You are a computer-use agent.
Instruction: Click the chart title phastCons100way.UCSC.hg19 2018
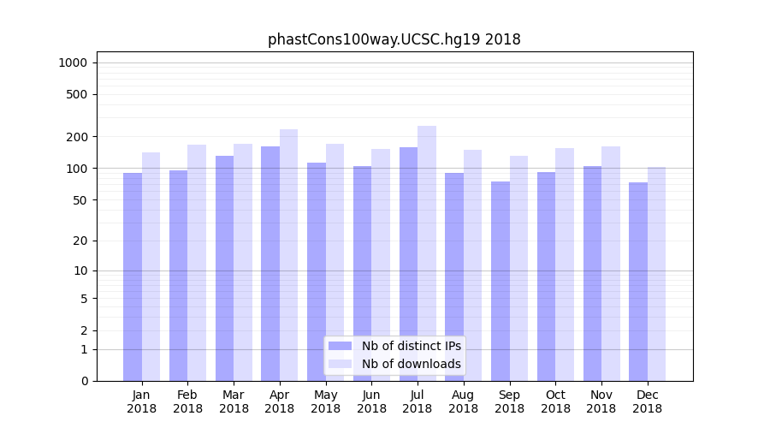pos(394,39)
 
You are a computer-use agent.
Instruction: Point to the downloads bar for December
pos(656,274)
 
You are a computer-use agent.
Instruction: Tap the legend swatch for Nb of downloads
pos(340,364)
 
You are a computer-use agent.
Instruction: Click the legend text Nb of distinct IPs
pos(411,346)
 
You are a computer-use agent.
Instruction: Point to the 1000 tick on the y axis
pos(73,62)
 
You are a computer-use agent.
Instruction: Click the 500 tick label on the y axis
pos(76,94)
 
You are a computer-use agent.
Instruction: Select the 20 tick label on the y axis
pos(80,241)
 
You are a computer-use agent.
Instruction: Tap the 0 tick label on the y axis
pos(84,381)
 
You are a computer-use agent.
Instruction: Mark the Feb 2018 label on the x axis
pos(188,401)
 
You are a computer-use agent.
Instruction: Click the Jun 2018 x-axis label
pos(371,401)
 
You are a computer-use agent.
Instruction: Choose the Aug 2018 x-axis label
pos(464,401)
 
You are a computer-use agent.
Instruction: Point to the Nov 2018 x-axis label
pos(601,401)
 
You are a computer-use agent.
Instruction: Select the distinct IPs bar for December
pos(638,282)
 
